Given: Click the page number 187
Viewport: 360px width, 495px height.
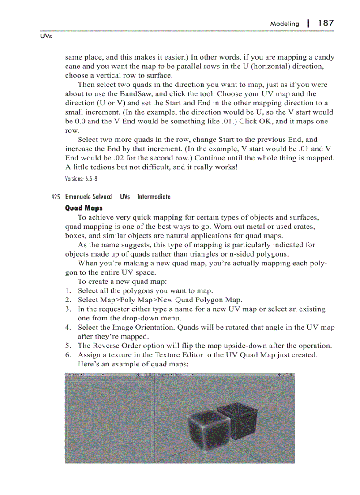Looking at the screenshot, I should click(x=326, y=23).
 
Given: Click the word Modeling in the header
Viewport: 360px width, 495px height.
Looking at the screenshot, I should click(x=284, y=24).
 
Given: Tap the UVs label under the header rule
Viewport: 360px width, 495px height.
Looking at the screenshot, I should click(x=46, y=37).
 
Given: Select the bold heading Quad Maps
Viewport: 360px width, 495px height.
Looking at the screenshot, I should click(x=84, y=208).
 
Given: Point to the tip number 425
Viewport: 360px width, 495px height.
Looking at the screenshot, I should click(x=56, y=197).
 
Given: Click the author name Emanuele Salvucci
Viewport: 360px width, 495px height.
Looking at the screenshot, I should click(x=89, y=197).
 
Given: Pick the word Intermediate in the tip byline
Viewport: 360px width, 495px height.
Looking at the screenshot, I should click(x=154, y=197).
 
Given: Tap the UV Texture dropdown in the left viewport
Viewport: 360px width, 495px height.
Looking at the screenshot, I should click(x=75, y=375).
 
